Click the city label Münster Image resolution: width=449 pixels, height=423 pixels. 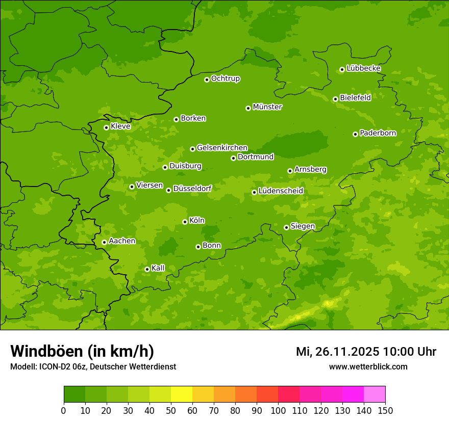click(x=267, y=107)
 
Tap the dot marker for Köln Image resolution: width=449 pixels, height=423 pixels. click(x=185, y=222)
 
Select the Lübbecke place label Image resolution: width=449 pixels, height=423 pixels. click(x=363, y=68)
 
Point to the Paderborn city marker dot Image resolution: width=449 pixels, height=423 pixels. click(x=355, y=134)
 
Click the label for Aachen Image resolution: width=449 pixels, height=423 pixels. click(x=122, y=241)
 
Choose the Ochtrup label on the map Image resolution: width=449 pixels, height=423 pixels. click(x=226, y=78)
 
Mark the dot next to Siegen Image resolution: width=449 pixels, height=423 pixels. click(x=286, y=227)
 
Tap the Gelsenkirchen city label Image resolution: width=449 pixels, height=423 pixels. click(x=222, y=148)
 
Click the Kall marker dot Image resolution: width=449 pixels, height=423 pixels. click(x=147, y=269)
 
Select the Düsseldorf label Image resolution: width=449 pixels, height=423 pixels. click(x=192, y=189)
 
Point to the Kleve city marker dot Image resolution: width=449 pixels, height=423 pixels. click(x=106, y=127)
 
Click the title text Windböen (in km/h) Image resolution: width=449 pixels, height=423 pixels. click(x=82, y=351)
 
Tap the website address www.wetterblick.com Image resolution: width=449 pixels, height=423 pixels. click(x=368, y=367)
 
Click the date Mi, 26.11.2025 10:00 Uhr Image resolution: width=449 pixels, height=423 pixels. click(x=366, y=352)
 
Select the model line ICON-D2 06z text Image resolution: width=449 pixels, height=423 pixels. click(x=93, y=367)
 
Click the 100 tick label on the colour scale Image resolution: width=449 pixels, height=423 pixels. click(x=278, y=410)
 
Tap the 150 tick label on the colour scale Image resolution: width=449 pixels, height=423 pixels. click(x=385, y=410)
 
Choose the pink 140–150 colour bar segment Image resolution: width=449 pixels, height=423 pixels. click(x=375, y=394)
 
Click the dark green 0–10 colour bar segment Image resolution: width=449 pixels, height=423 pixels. click(x=74, y=394)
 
